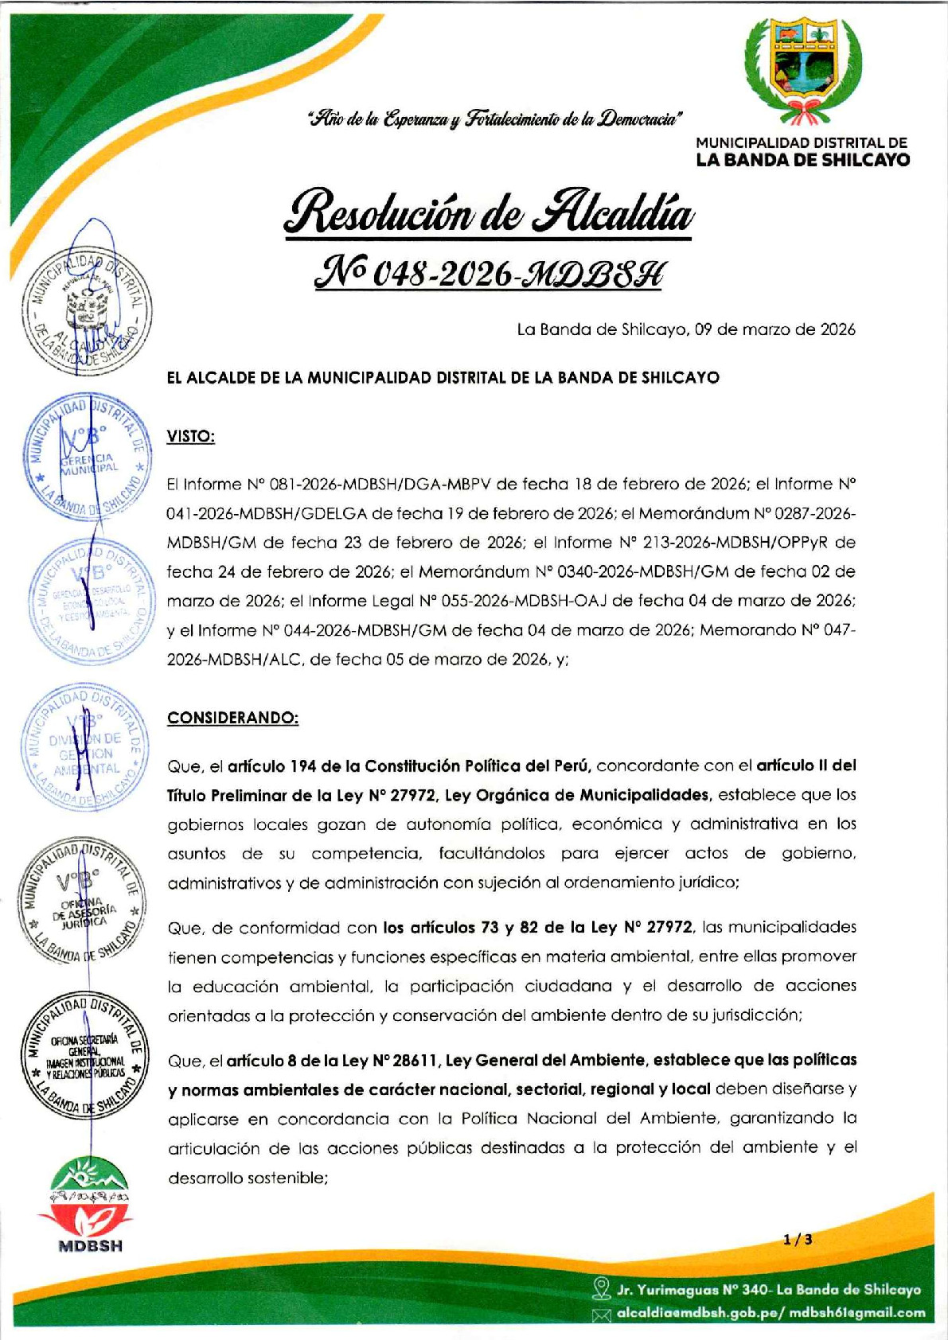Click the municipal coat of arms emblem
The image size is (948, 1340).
(802, 70)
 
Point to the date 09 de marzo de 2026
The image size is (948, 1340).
(774, 329)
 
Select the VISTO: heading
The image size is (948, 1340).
(190, 437)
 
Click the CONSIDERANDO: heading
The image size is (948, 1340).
(232, 718)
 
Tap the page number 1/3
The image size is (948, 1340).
(798, 1240)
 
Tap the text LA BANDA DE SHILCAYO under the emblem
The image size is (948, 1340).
(802, 160)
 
